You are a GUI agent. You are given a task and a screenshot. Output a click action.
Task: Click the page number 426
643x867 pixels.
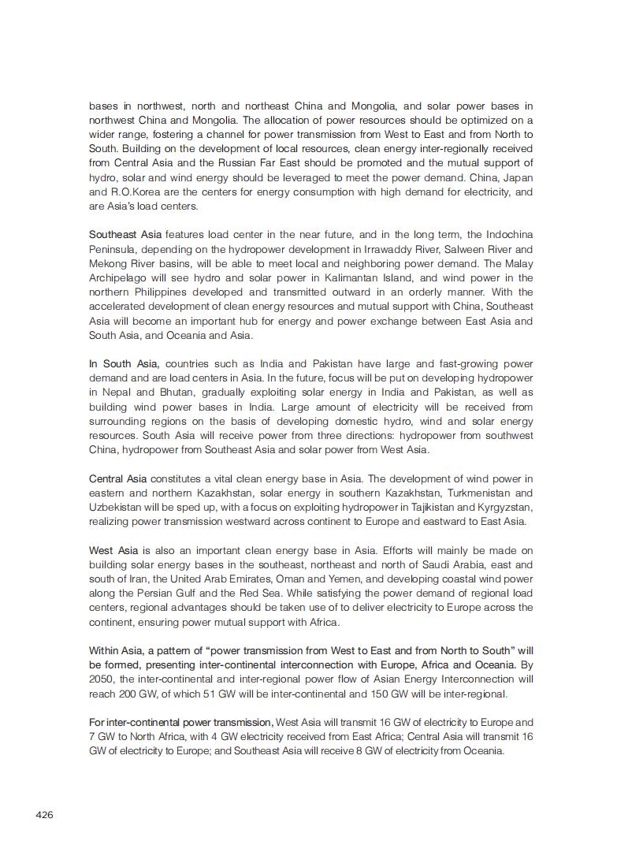pos(44,814)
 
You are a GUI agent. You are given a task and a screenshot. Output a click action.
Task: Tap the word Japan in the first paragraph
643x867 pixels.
pos(518,177)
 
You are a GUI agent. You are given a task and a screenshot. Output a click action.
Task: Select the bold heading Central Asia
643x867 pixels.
pos(117,478)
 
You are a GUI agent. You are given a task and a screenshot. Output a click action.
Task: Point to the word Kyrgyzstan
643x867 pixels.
pos(505,507)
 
